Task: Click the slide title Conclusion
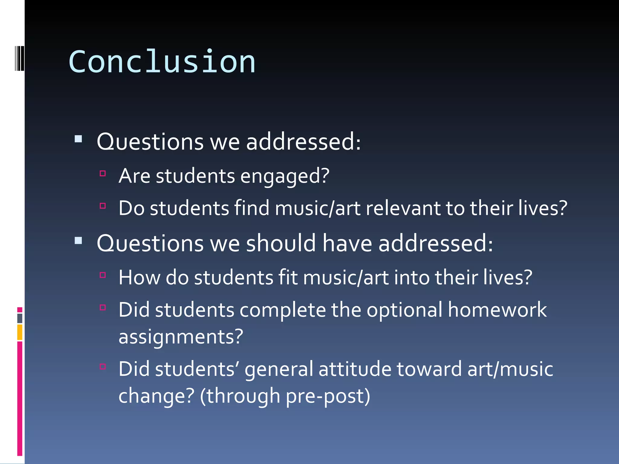(162, 62)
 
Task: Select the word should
(281, 243)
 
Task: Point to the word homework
(497, 310)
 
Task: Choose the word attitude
(355, 369)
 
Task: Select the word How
(139, 278)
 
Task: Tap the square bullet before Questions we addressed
(78, 139)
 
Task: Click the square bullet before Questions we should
(78, 241)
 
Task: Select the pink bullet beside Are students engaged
(103, 173)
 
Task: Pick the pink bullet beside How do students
(103, 275)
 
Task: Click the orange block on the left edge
(20, 332)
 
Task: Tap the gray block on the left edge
(20, 318)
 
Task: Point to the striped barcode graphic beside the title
(19, 58)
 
